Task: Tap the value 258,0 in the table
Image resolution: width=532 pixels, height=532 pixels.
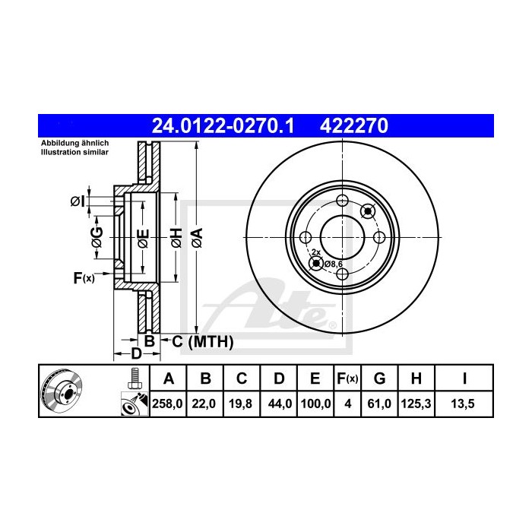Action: pos(169,405)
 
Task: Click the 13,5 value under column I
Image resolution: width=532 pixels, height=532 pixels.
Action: pos(464,405)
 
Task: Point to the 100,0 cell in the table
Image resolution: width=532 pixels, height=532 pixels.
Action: pos(314,405)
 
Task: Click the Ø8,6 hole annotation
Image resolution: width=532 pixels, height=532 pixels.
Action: pos(334,263)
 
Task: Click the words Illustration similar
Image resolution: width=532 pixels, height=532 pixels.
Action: pos(75,152)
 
